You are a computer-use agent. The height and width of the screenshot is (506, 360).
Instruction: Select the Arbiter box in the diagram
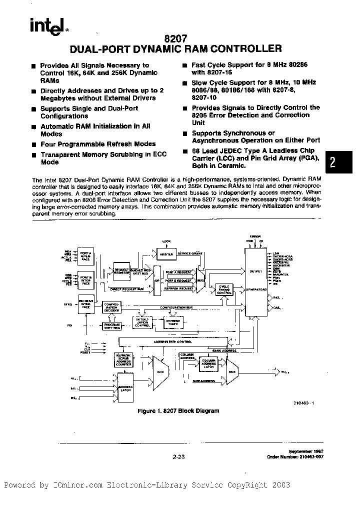click(x=167, y=254)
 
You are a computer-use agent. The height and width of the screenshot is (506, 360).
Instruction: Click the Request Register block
click(x=122, y=269)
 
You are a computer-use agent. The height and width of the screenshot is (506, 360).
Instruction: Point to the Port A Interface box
click(x=85, y=256)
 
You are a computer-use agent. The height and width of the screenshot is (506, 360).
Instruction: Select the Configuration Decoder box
click(x=111, y=306)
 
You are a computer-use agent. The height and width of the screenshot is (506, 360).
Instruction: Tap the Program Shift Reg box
click(x=111, y=325)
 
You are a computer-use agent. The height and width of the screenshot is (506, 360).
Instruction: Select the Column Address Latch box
click(x=207, y=364)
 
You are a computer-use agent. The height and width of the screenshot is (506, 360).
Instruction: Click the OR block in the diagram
click(x=157, y=280)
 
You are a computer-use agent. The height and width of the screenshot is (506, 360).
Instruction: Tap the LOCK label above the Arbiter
click(x=166, y=241)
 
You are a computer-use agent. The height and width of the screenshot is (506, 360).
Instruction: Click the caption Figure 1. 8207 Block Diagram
click(x=178, y=410)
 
